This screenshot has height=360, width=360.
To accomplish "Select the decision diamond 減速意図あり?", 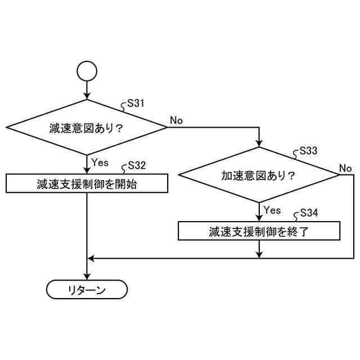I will pos(87,127).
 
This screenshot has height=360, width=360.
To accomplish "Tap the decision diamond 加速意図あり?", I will pos(259,175).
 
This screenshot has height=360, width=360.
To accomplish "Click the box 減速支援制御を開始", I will pos(87,183).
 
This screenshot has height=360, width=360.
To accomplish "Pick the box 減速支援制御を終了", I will pos(259,231).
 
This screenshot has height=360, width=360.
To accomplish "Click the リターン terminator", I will pos(87,290).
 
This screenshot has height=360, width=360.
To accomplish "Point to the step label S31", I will pos(137,103).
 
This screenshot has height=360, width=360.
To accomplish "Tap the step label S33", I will pos(308,151).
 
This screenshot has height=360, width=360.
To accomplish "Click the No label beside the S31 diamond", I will pos(176,120).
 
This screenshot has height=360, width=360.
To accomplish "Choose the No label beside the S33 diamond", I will pos(345,168).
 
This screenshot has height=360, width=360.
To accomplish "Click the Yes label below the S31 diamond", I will pos(100,163).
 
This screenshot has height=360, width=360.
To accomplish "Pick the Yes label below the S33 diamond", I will pos(272,210).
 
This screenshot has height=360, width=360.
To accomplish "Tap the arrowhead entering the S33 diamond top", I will pos(259,144).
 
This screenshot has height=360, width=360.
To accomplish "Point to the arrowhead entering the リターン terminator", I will pos(87,277).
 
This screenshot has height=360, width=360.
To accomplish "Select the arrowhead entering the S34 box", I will pos(259,218).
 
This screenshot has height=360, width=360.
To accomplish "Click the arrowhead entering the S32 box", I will pos(87,170).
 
